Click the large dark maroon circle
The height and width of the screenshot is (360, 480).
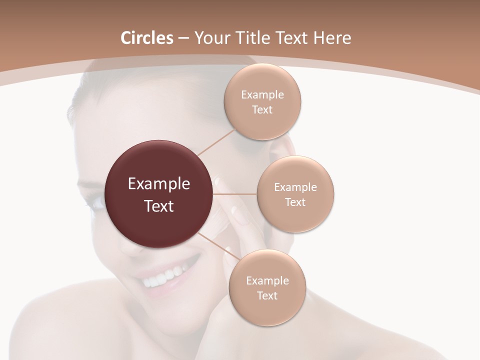pos(159,194)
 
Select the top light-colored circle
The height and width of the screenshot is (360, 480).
pos(262,102)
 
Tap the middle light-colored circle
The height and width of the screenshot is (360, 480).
pos(295,194)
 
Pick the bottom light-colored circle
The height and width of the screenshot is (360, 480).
pos(267,288)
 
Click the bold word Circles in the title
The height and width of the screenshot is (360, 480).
pos(147,38)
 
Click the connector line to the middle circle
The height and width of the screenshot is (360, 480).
pos(235,193)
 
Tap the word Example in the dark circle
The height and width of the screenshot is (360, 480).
pos(159,184)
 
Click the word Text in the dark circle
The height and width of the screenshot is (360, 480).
pos(159,206)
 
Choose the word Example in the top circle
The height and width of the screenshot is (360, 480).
pos(262,95)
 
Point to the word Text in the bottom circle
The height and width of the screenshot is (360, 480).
pos(267,295)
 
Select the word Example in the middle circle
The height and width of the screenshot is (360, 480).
pos(295,187)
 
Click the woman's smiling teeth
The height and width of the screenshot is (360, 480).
pos(163,277)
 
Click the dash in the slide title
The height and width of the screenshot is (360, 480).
pos(183,38)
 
